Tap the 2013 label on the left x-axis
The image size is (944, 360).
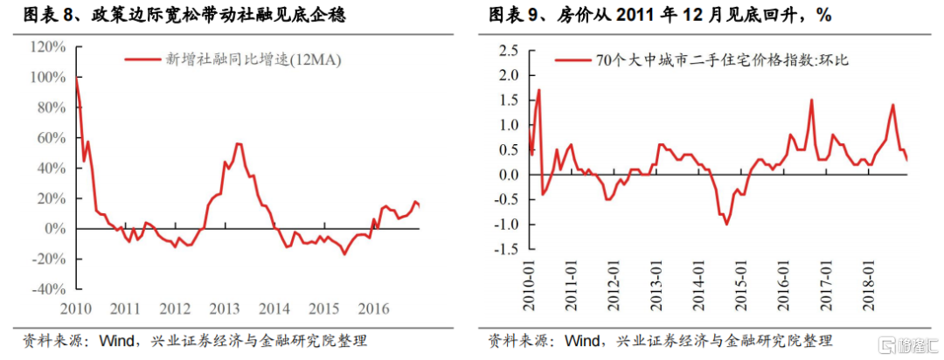(x=225, y=308)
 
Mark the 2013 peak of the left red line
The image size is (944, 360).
(x=239, y=143)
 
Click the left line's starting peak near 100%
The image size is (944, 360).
(x=77, y=80)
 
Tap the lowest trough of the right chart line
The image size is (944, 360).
(x=726, y=224)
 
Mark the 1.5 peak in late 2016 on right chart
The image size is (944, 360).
(x=812, y=100)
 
